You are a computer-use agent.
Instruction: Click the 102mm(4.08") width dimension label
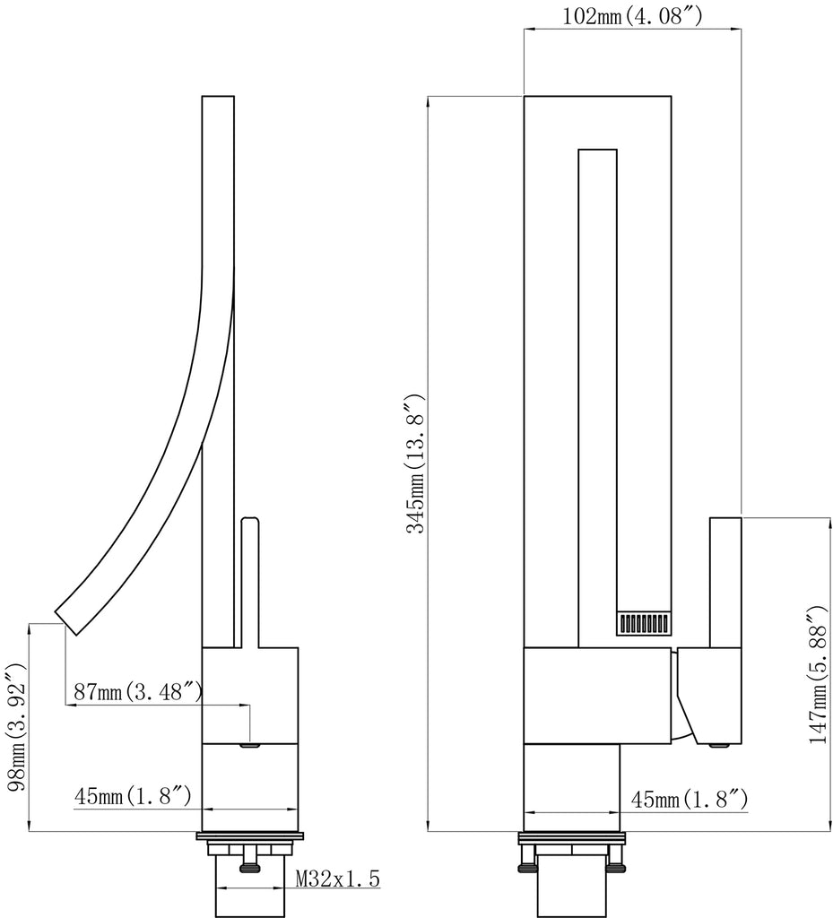pyautogui.click(x=632, y=16)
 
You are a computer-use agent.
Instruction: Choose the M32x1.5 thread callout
pyautogui.click(x=338, y=879)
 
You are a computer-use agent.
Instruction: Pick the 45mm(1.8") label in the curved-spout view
pyautogui.click(x=131, y=795)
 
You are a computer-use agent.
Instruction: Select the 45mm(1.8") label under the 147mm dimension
pyautogui.click(x=690, y=799)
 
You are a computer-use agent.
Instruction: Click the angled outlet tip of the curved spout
pyautogui.click(x=67, y=619)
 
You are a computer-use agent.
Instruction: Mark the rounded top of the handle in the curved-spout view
pyautogui.click(x=249, y=521)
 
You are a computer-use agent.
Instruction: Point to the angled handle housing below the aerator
pyautogui.click(x=708, y=695)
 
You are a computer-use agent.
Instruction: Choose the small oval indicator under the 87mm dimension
pyautogui.click(x=251, y=743)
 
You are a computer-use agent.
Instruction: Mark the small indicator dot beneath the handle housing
pyautogui.click(x=716, y=744)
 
